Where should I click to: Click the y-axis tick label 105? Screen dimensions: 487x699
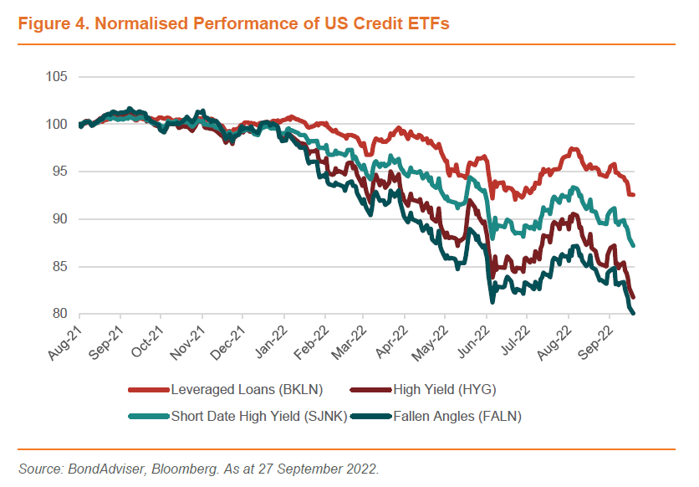pyautogui.click(x=57, y=77)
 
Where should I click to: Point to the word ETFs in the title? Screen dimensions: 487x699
pyautogui.click(x=429, y=23)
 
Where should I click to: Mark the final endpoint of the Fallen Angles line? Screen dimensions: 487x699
pyautogui.click(x=633, y=314)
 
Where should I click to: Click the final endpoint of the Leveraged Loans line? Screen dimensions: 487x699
pyautogui.click(x=633, y=195)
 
